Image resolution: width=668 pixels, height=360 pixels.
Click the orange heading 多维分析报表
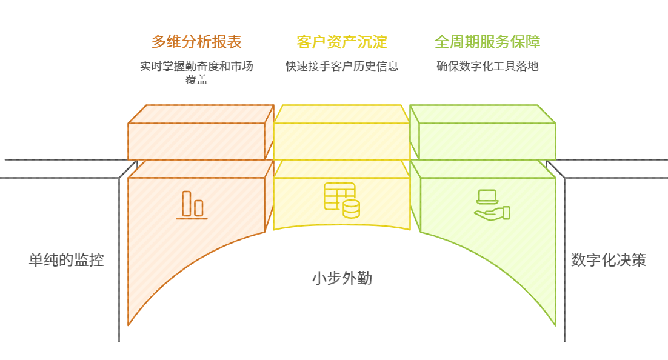[196, 42]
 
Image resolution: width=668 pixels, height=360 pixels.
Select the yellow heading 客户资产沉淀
[342, 42]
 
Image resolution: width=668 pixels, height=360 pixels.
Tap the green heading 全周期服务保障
[487, 42]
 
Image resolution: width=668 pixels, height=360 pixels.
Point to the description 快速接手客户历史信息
[342, 66]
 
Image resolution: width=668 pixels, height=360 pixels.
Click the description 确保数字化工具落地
[487, 66]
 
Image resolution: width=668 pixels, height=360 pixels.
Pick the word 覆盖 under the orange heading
[196, 79]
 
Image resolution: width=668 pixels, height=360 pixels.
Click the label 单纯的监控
[66, 260]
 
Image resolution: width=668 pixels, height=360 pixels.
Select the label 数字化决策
[609, 260]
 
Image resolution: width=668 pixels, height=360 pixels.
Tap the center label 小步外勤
[342, 278]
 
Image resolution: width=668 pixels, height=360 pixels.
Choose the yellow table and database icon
[341, 200]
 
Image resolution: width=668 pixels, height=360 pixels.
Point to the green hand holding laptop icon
[492, 205]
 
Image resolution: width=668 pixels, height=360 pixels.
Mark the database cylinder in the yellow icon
[351, 209]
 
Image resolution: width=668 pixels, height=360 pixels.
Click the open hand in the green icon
[492, 213]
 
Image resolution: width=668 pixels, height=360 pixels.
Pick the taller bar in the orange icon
[187, 203]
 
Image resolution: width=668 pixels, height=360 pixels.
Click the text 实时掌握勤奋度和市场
[196, 66]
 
